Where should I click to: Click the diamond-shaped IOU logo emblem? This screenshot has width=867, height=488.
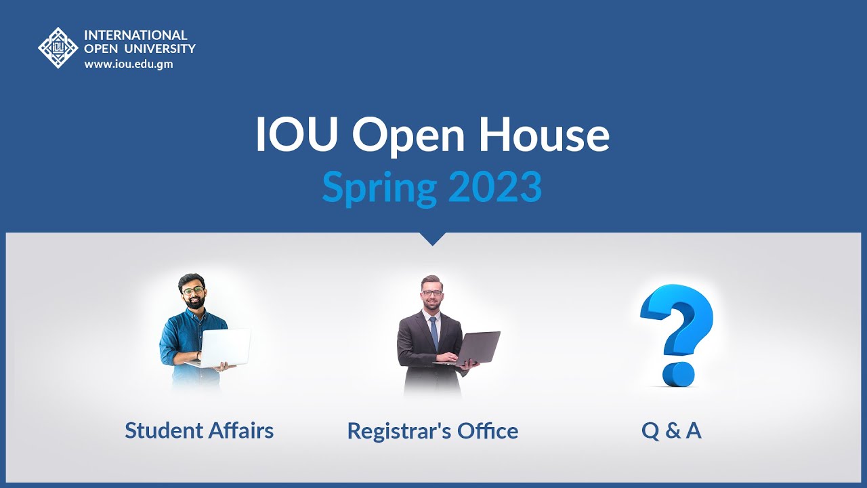[x=58, y=47]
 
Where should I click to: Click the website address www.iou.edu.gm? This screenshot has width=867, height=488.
[x=129, y=64]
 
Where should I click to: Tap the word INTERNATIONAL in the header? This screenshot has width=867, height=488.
[x=135, y=35]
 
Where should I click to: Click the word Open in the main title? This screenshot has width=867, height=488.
[x=408, y=136]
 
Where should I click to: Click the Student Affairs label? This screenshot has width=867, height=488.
[x=199, y=430]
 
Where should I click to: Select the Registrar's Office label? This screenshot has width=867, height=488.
[x=433, y=431]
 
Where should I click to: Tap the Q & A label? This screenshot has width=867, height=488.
[x=671, y=430]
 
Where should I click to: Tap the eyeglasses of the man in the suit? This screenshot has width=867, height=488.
[x=431, y=293]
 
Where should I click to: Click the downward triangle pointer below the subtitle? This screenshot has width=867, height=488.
[x=433, y=239]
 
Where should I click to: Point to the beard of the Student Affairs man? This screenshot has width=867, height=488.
[x=194, y=302]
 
